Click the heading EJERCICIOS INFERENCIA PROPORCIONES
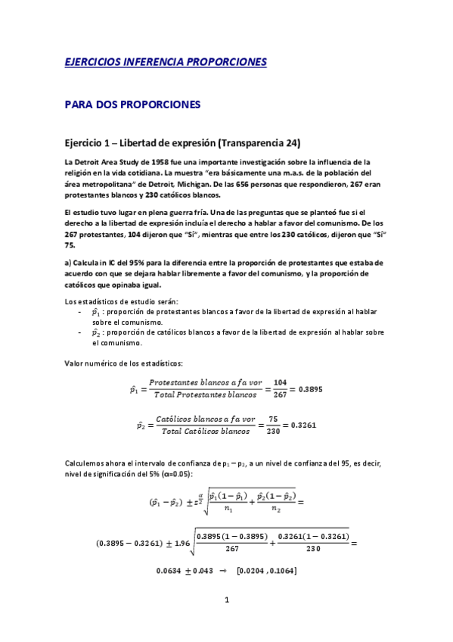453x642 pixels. coord(165,61)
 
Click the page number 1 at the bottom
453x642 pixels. coord(226,600)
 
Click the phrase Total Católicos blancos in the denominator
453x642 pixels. coord(203,432)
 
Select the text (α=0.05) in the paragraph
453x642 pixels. coord(175,473)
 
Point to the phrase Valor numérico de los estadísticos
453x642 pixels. coord(123,363)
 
